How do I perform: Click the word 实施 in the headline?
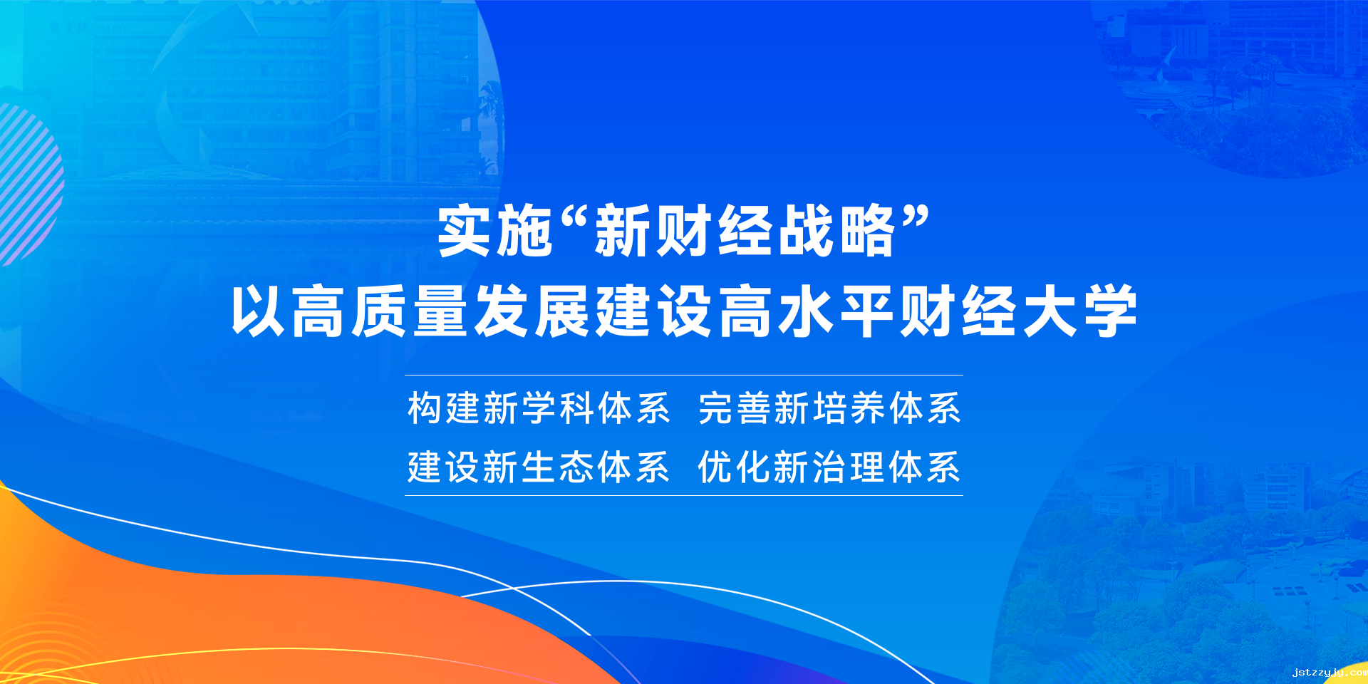pyautogui.click(x=495, y=231)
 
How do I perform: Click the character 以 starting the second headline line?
pyautogui.click(x=259, y=311)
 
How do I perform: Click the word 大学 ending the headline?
pyautogui.click(x=1079, y=311)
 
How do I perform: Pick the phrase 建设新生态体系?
pyautogui.click(x=539, y=467)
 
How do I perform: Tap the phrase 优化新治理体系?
pyautogui.click(x=829, y=467)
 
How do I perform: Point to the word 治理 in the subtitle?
pyautogui.click(x=848, y=467)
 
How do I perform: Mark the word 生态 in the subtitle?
pyautogui.click(x=557, y=467)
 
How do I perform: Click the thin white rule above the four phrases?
pyautogui.click(x=684, y=375)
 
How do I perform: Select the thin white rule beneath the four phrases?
pyautogui.click(x=684, y=495)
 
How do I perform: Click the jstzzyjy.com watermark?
pyautogui.click(x=1330, y=672)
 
